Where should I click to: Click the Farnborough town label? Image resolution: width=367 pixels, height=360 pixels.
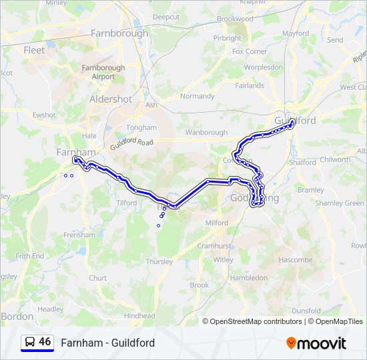[119, 33]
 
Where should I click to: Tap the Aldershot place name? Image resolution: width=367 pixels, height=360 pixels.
[111, 99]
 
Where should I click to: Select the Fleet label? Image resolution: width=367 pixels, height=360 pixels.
[34, 50]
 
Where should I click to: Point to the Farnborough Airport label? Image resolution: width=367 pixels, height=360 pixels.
[103, 72]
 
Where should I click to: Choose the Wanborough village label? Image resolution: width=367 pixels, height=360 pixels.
[206, 133]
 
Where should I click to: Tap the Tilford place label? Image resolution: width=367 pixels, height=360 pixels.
[126, 203]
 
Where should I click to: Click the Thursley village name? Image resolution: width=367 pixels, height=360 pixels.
[159, 261]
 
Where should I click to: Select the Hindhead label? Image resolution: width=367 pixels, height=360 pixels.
[139, 316]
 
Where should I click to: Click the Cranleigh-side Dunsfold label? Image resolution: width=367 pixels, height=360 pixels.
[306, 311]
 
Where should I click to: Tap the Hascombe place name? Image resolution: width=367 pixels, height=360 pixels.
[295, 259]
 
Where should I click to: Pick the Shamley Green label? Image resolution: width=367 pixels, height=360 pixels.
[340, 203]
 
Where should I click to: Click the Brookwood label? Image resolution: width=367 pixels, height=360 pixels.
[235, 19]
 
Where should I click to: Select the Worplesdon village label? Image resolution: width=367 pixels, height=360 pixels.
[264, 67]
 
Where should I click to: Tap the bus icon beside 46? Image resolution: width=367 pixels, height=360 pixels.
[30, 342]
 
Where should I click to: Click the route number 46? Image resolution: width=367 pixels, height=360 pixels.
[45, 342]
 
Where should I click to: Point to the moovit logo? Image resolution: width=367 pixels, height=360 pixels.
[316, 343]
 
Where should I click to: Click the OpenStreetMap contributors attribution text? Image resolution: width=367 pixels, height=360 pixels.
[253, 321]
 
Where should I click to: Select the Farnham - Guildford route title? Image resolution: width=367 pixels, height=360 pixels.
[107, 343]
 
